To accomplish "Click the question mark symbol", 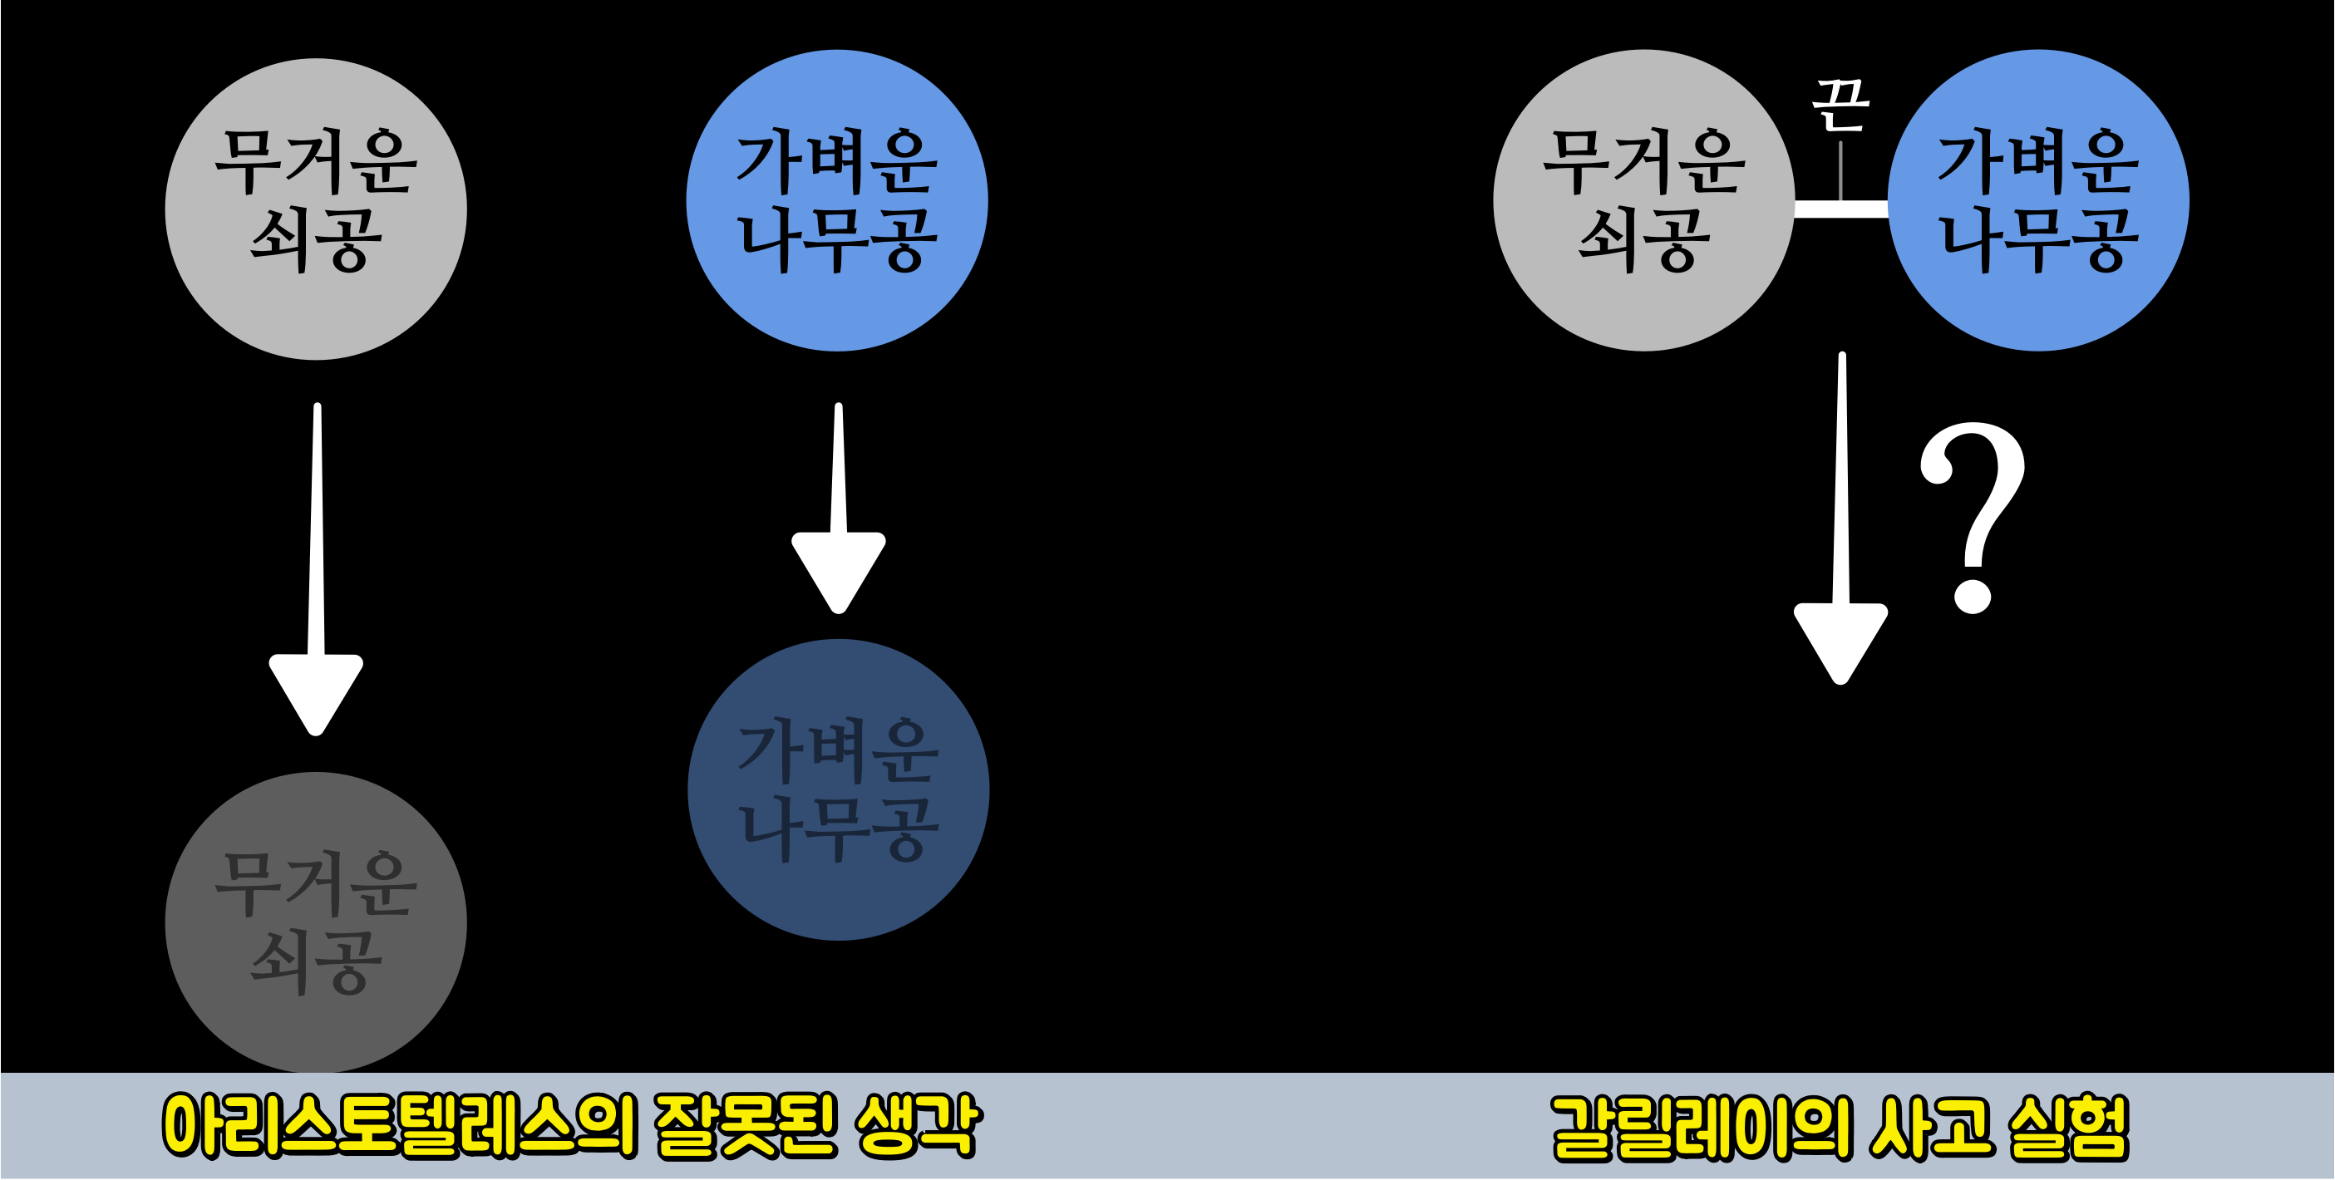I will coord(1973,517).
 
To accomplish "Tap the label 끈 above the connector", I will coord(1841,104).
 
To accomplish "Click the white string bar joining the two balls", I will coord(1841,209).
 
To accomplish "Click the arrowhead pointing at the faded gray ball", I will coord(315,692).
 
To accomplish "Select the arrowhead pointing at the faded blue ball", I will coord(839,571).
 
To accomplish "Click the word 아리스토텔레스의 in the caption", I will coord(400,1126).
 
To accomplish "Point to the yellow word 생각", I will coord(918,1126).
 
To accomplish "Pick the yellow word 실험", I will coord(2068,1128).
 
